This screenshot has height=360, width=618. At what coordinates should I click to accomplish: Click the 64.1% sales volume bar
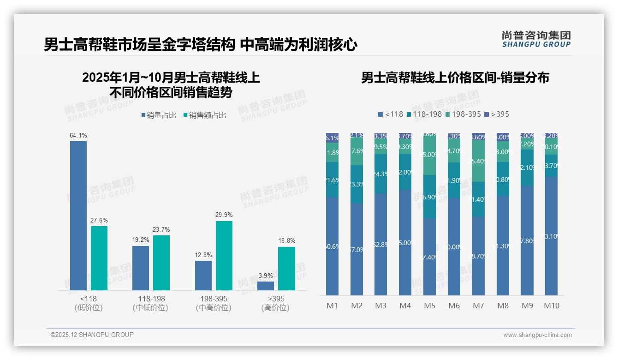[x=78, y=216]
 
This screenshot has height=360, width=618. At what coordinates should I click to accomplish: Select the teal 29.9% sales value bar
[x=224, y=256]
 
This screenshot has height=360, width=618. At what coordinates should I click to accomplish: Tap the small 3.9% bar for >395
[x=266, y=286]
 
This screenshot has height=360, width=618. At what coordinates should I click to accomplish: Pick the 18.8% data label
[x=287, y=241]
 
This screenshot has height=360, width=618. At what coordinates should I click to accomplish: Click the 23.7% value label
[x=161, y=229]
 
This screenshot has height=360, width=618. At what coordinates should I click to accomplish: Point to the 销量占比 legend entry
[x=159, y=115]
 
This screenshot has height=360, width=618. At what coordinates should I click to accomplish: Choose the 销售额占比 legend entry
[x=205, y=115]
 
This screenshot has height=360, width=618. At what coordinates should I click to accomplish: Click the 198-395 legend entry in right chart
[x=463, y=114]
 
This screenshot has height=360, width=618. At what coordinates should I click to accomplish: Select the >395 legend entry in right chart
[x=497, y=114]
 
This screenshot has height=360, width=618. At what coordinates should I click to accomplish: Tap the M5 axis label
[x=429, y=306]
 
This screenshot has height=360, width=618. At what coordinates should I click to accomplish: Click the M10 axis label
[x=551, y=306]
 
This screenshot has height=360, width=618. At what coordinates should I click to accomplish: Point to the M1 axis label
[x=333, y=306]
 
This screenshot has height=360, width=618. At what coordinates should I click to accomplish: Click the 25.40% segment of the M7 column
[x=478, y=161]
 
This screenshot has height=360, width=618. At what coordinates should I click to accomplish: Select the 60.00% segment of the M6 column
[x=454, y=246]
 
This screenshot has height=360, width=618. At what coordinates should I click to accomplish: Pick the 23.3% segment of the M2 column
[x=357, y=184]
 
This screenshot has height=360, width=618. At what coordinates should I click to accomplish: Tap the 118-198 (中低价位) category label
[x=151, y=303]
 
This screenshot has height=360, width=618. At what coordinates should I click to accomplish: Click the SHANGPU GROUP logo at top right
[x=536, y=39]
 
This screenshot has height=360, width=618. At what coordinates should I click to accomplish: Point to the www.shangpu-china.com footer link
[x=537, y=335]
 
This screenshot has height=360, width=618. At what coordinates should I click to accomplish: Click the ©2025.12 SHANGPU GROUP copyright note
[x=92, y=335]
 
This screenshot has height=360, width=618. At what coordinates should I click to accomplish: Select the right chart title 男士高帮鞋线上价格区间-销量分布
[x=455, y=78]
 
